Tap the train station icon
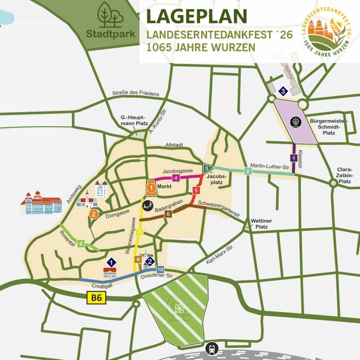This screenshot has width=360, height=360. click(212, 349)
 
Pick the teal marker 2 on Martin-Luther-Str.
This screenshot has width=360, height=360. click(248, 171)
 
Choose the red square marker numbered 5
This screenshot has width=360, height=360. click(196, 191)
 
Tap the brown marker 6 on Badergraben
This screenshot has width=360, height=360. click(168, 214)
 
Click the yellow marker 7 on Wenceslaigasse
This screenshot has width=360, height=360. click(140, 232)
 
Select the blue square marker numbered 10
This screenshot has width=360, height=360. click(160, 269)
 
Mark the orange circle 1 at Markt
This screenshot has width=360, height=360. click(151, 188)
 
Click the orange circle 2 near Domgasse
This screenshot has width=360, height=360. click(94, 213)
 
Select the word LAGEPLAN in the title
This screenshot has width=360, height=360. click(197, 16)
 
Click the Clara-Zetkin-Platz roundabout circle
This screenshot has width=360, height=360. click(333, 183)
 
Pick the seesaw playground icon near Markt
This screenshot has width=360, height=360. click(148, 204)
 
